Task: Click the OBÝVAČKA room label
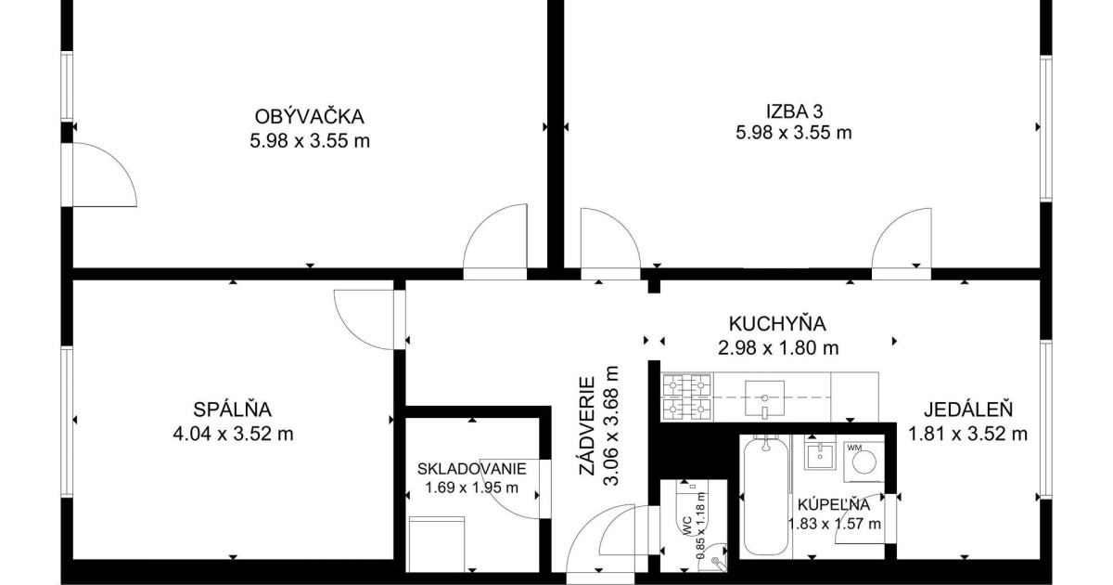[310, 117]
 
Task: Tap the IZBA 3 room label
[794, 110]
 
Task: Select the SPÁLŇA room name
[233, 409]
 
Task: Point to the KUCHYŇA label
[777, 324]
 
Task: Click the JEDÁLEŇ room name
[968, 409]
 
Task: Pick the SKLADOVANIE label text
[471, 469]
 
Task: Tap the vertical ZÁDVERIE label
[587, 426]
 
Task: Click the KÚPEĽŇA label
[834, 505]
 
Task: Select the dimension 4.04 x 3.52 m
[233, 434]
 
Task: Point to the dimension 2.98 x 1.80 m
[778, 347]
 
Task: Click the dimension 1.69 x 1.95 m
[471, 487]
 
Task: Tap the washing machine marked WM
[864, 461]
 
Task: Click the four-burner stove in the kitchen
[687, 397]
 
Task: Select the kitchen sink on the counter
[764, 398]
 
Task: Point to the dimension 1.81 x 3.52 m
[968, 434]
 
